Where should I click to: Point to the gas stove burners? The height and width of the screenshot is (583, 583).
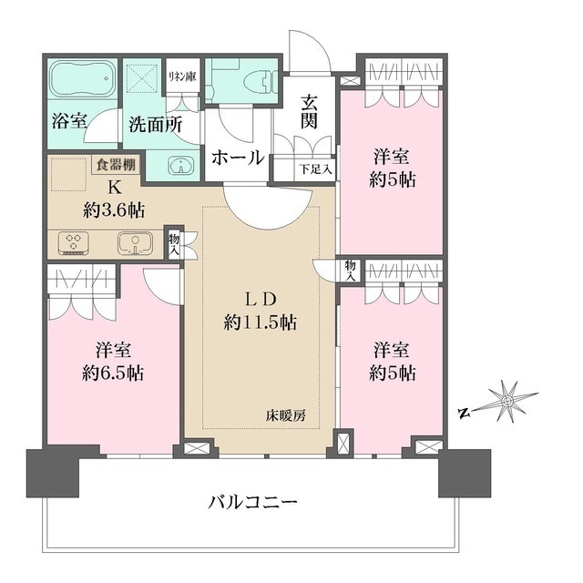tap(72, 243)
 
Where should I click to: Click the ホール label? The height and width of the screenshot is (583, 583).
tap(238, 157)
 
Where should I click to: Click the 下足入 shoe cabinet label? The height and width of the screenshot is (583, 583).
tap(314, 168)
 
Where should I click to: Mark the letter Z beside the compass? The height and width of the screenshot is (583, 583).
tap(463, 413)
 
